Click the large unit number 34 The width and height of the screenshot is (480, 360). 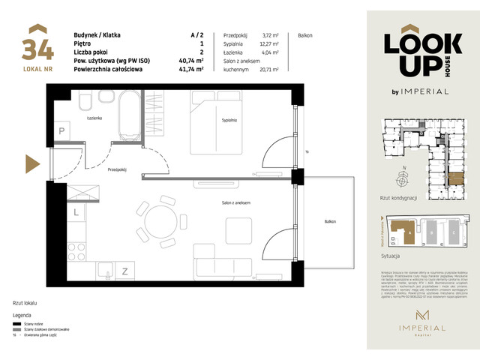point(38,49)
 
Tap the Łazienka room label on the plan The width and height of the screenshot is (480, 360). point(93,118)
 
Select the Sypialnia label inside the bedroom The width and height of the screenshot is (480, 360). point(229,120)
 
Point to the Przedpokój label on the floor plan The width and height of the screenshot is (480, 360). point(117,169)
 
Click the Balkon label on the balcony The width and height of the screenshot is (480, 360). point(330,222)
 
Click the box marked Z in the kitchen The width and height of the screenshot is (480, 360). point(125,271)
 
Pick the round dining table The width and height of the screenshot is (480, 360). point(162,224)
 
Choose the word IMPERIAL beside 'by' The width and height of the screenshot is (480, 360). point(427,91)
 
